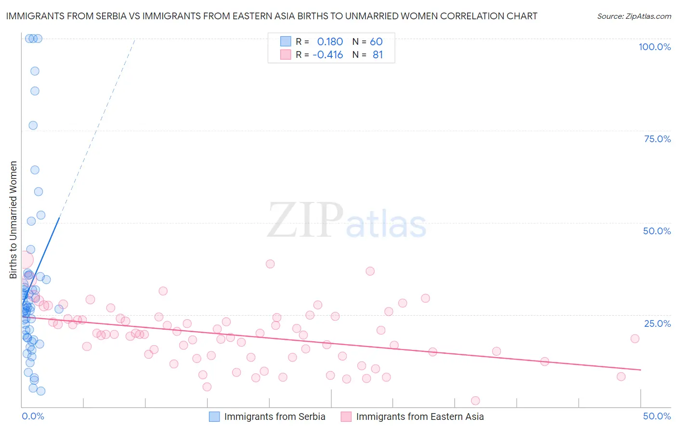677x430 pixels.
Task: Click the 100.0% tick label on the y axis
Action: coord(654,47)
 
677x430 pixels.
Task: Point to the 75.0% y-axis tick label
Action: coord(657,139)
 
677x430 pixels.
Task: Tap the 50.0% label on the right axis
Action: coord(657,231)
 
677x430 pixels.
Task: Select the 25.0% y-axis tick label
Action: coord(657,323)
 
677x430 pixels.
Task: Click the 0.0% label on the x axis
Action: coord(33,416)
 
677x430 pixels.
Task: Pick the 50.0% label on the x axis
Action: coord(657,416)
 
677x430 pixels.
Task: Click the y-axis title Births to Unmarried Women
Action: coord(13,220)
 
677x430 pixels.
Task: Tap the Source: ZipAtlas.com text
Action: coord(634,16)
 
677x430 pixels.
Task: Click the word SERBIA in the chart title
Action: coord(109,16)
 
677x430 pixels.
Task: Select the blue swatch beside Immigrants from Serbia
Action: coord(214,417)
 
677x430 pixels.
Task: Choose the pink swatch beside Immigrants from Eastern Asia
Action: coord(346,417)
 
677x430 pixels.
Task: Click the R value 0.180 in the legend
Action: coord(330,41)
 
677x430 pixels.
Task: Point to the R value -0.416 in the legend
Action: coord(327,55)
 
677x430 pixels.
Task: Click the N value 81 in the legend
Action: coord(378,55)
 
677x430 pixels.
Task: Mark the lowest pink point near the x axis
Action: coord(475,401)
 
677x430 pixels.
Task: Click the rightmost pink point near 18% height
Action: coord(635,338)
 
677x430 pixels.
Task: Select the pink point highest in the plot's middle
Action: coord(270,264)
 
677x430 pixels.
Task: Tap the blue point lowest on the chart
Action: coord(41,391)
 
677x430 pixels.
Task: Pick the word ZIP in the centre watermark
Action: coord(305,221)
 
